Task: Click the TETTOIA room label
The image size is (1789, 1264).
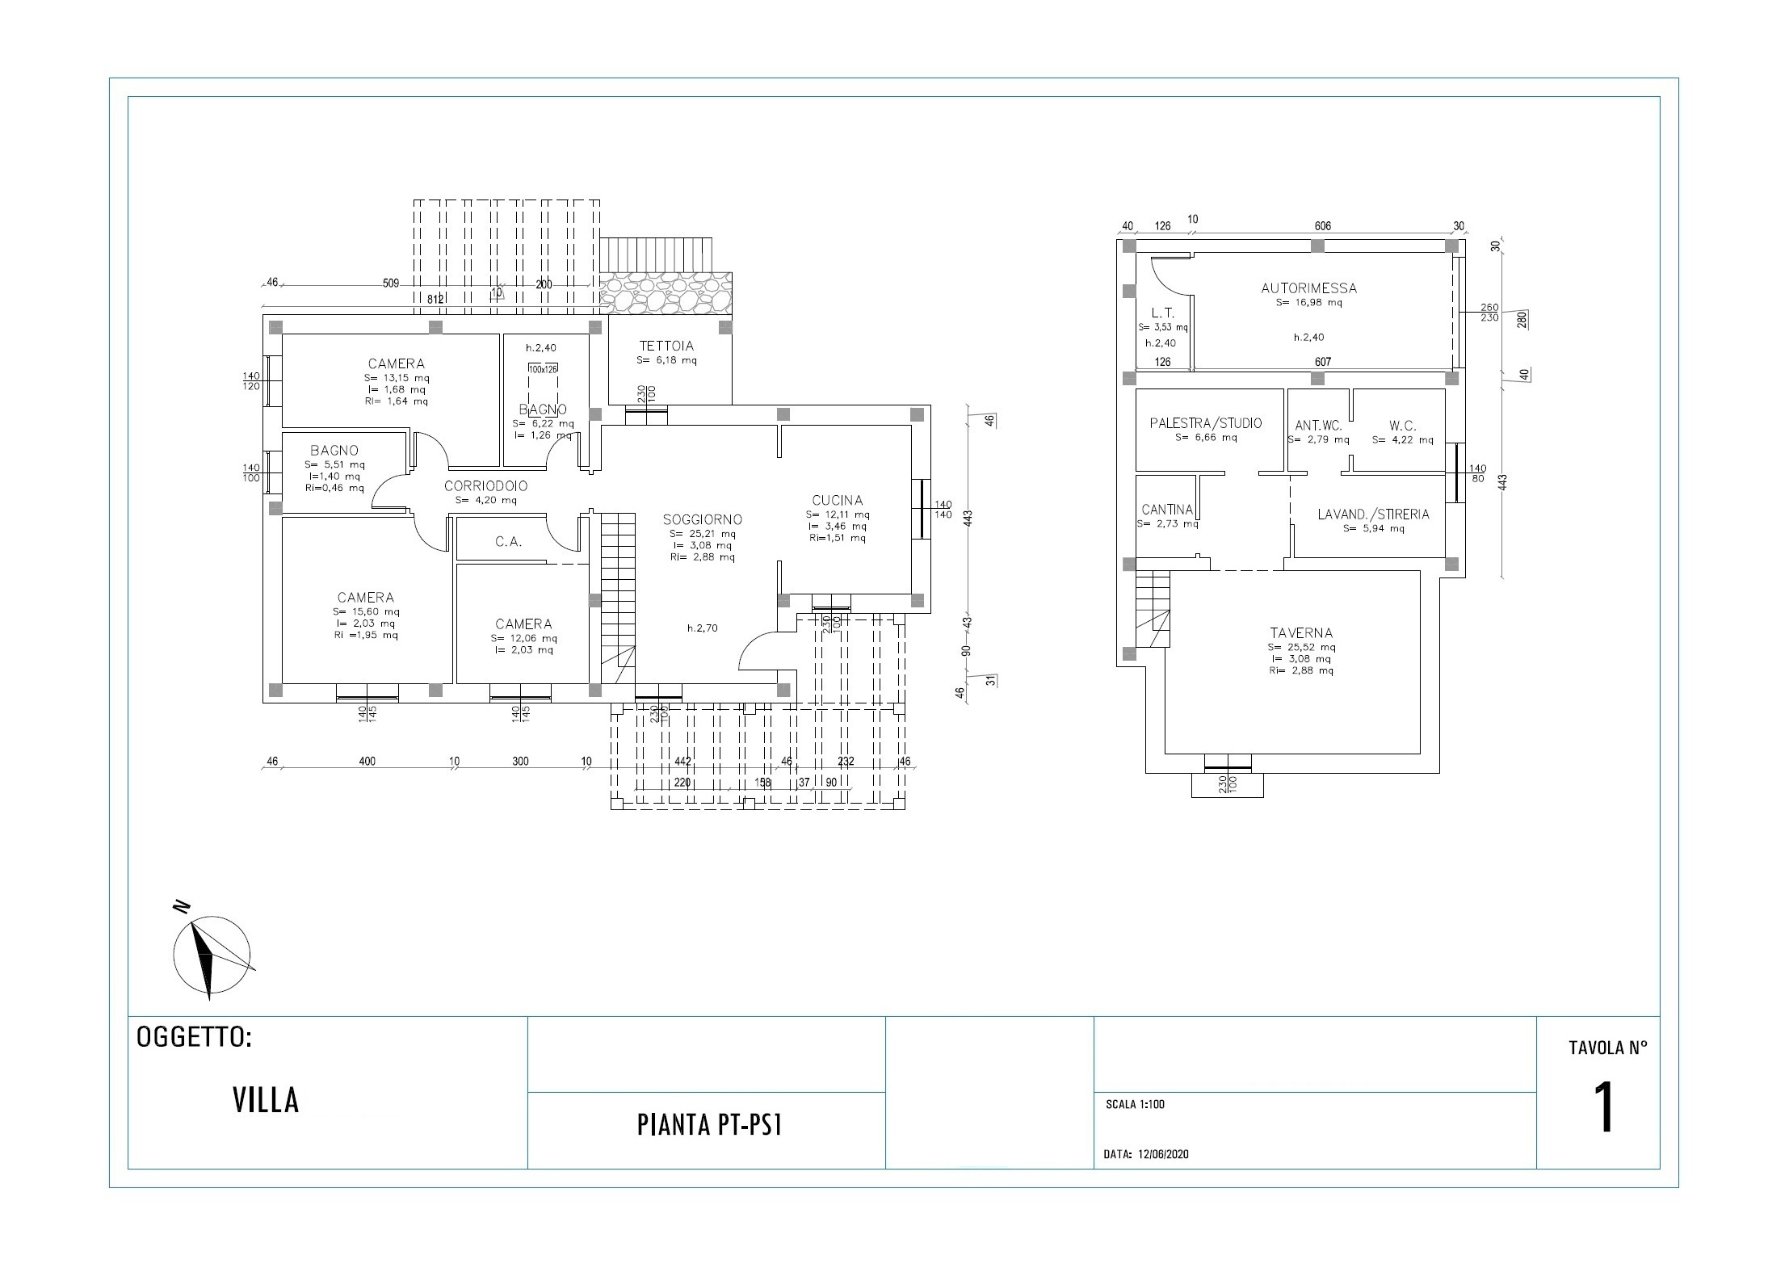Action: click(666, 346)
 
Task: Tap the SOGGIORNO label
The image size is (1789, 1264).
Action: click(702, 519)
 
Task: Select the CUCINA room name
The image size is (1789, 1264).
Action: click(838, 500)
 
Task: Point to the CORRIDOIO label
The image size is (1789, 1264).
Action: click(485, 486)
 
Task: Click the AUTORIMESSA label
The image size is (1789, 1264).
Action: click(1308, 288)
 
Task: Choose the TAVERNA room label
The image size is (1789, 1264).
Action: click(1300, 633)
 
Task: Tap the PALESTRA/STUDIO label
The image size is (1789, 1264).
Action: click(1205, 423)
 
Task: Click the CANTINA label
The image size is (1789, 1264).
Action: click(1167, 510)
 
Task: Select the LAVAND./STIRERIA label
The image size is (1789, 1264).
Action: click(1373, 514)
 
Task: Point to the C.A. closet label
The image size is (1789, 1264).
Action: click(508, 542)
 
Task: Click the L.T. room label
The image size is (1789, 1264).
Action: click(1161, 313)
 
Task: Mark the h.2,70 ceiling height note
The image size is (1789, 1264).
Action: click(702, 628)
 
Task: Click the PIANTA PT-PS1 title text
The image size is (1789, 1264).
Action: click(709, 1126)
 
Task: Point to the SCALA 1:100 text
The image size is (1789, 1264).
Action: click(1135, 1105)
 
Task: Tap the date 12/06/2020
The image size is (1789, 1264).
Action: click(1163, 1154)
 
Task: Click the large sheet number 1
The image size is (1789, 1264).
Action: click(1603, 1109)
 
